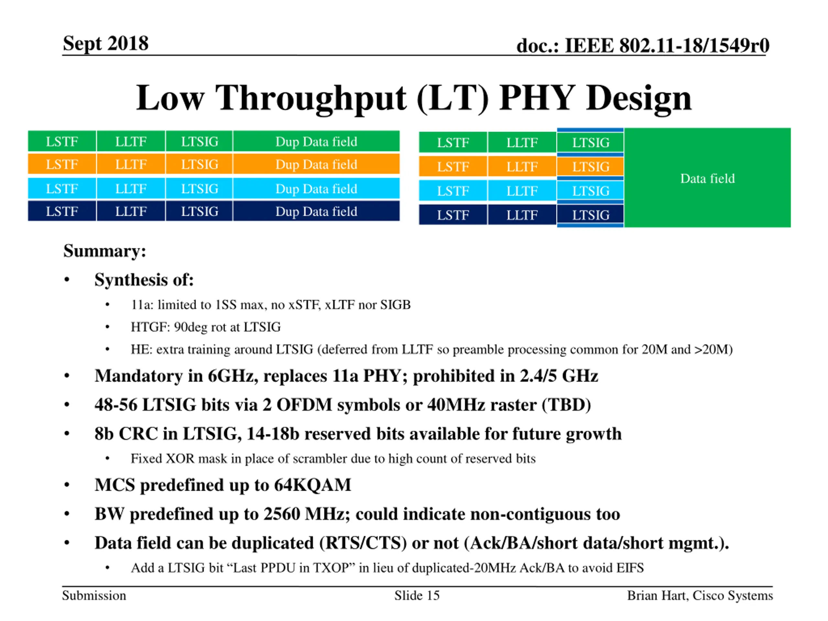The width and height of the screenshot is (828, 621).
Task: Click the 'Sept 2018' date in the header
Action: pos(105,43)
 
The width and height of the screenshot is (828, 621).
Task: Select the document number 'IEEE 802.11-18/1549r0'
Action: pos(667,46)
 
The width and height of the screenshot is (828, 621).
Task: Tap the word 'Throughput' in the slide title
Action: pos(311,98)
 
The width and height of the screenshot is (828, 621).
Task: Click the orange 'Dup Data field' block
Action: pos(316,164)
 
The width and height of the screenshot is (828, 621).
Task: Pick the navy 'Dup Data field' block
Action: pos(316,212)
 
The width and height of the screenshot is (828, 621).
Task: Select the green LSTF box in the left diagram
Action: pos(62,141)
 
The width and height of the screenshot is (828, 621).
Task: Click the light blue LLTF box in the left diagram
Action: pos(131,189)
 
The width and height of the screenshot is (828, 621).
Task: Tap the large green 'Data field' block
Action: pos(707,178)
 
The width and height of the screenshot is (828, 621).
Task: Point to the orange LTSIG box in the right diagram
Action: pos(590,167)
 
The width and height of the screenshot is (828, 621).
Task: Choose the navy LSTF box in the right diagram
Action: pos(453,215)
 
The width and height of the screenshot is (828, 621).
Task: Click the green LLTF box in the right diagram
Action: pos(522,143)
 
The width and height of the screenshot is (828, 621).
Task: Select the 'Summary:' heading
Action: pos(104,251)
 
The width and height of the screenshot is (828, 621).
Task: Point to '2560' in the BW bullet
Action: pos(281,514)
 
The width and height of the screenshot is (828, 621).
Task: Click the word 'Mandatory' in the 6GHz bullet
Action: pos(138,376)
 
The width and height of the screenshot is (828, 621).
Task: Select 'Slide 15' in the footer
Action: pos(417,595)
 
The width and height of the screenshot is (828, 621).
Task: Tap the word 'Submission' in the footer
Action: pos(94,595)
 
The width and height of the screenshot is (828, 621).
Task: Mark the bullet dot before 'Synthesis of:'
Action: pos(67,280)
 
